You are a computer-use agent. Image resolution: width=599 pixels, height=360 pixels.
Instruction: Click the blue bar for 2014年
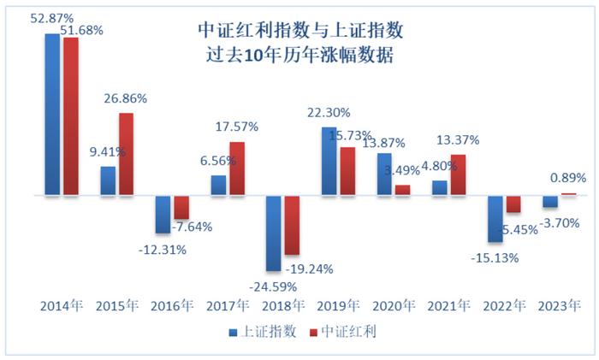[52, 115]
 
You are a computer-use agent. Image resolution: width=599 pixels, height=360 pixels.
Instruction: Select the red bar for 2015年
[126, 154]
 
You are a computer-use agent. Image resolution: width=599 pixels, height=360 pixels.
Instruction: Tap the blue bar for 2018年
[274, 233]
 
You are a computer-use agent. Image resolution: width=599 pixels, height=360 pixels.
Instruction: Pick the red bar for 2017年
[237, 168]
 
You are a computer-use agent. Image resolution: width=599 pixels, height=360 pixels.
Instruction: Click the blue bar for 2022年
[495, 218]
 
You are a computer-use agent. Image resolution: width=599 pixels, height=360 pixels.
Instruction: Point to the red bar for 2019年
[347, 171]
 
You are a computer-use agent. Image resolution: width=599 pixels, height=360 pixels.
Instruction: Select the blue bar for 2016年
[163, 214]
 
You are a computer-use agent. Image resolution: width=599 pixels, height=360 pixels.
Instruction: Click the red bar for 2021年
[458, 174]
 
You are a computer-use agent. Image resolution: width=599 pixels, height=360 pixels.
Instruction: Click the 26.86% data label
[126, 98]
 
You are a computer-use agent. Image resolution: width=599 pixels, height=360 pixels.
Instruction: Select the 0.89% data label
[568, 178]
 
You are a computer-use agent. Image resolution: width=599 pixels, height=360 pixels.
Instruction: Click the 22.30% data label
[329, 113]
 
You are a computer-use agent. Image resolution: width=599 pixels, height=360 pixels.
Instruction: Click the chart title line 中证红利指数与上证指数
[299, 32]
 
